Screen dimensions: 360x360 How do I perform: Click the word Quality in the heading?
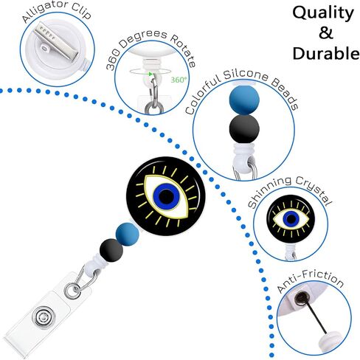point(323,13)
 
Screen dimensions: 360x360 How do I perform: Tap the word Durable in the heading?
point(326,53)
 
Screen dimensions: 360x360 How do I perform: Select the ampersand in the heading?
point(326,33)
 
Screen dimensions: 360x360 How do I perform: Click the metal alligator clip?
point(56,41)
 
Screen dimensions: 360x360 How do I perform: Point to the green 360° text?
point(179,80)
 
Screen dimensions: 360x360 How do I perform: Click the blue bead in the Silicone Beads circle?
point(244,100)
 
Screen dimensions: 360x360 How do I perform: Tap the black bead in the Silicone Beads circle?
point(244,128)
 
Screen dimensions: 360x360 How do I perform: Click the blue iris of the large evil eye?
point(167,195)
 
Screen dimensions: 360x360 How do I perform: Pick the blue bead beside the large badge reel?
point(128,234)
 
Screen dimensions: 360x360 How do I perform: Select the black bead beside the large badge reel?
point(111,250)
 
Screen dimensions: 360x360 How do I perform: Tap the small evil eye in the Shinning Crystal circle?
point(291,219)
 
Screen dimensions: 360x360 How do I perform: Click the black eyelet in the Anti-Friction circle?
point(300,298)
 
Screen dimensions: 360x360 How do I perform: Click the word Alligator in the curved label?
point(44,12)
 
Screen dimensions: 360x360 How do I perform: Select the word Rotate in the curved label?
point(182,51)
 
